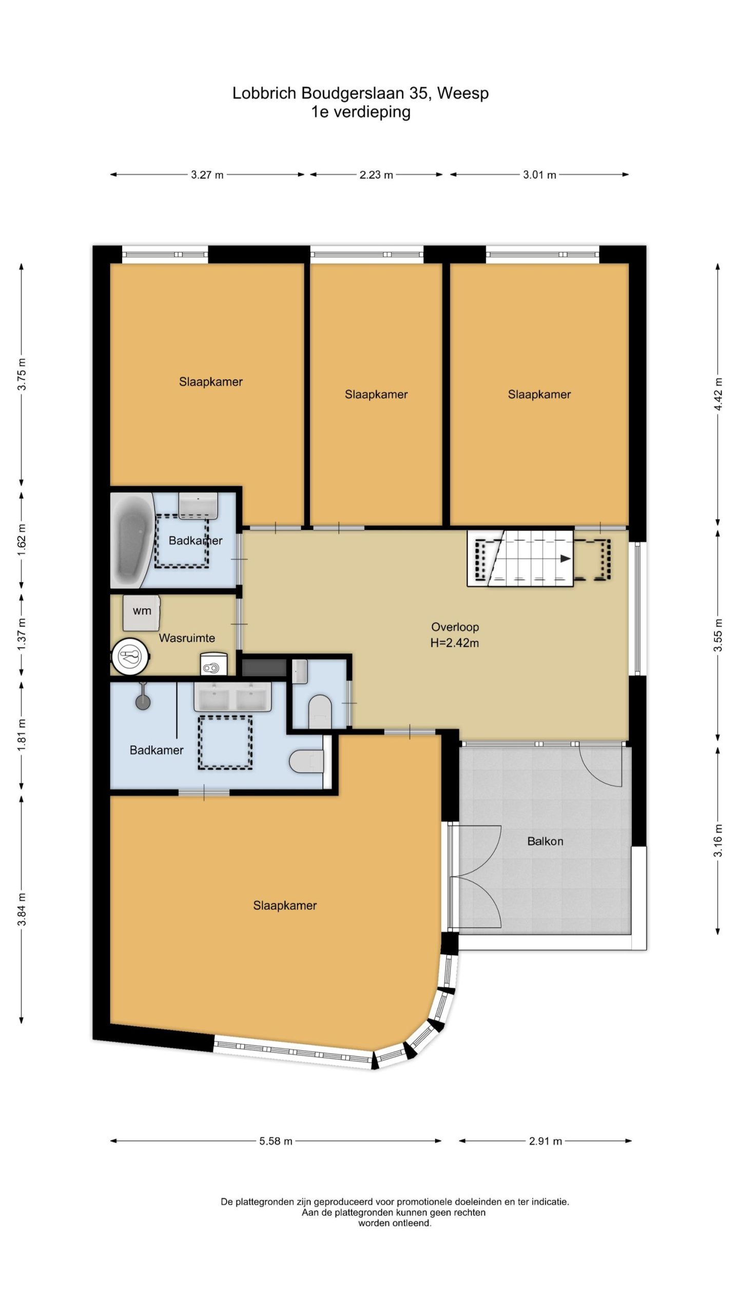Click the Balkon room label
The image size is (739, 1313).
[545, 841]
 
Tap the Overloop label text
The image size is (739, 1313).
[455, 627]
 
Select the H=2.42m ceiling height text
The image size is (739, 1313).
[455, 643]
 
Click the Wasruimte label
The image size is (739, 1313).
[187, 638]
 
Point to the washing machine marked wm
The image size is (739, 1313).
[142, 612]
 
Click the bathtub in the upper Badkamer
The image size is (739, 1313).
[132, 541]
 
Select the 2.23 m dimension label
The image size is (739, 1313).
[376, 175]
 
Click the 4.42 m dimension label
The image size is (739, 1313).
[718, 394]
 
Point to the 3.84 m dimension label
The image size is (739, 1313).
[22, 909]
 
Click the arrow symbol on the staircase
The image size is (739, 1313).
[565, 559]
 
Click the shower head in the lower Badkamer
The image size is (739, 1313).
[143, 701]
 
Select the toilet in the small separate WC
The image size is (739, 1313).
[320, 711]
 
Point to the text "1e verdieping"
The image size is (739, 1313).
[361, 112]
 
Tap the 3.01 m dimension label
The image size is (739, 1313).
[539, 175]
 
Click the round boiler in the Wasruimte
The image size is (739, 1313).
[131, 656]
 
